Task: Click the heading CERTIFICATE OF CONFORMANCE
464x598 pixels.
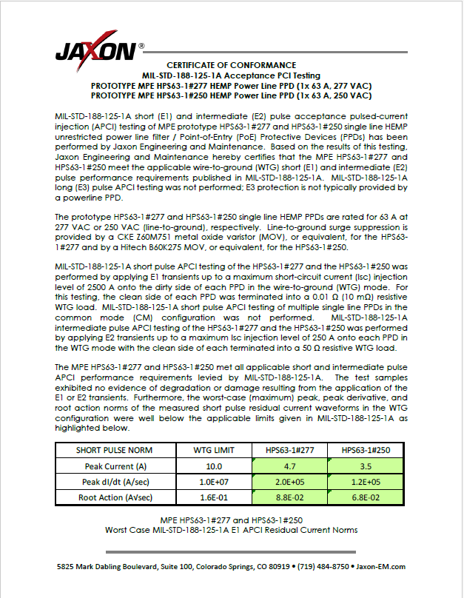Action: coord(231,65)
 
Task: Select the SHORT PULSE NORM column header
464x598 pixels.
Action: coord(115,451)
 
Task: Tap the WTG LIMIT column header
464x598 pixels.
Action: coord(213,451)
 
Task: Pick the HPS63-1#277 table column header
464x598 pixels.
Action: coord(289,451)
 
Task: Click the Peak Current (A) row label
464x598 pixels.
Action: coord(115,466)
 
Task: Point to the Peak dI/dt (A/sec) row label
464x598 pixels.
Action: coord(115,482)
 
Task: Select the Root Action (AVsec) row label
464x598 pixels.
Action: coord(115,498)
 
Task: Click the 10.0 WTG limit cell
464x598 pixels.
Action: coord(213,466)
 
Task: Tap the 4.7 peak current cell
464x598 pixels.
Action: coord(289,466)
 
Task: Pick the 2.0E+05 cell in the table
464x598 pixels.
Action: coord(289,482)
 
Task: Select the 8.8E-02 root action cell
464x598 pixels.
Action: coord(289,498)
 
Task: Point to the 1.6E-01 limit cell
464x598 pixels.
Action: coord(213,498)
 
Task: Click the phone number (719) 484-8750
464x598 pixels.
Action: coord(323,567)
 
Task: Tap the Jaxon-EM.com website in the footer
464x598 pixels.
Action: coord(381,567)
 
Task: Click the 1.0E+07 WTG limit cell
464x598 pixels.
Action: coord(213,482)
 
